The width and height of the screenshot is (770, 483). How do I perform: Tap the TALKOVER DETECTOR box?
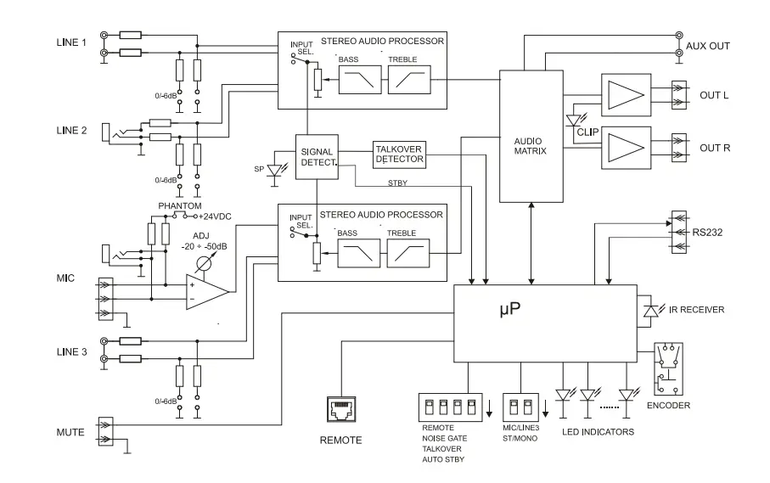coord(400,154)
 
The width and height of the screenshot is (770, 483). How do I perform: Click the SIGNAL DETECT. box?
coord(317,156)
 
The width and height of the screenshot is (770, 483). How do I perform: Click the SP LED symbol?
coord(274,169)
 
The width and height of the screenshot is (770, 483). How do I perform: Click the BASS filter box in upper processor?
coord(359,81)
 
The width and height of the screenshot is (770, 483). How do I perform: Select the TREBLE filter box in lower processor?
coord(408,252)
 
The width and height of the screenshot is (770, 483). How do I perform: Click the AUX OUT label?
coord(707,46)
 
